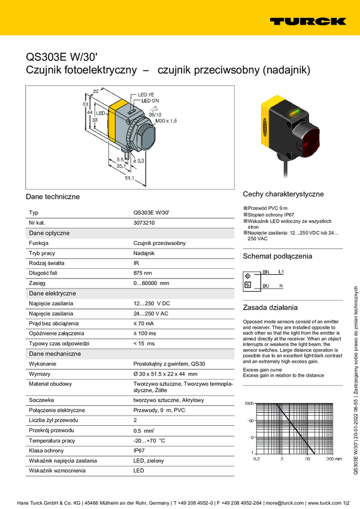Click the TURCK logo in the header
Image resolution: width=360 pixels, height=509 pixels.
pos(307,21)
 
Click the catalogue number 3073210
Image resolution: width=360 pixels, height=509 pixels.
pos(144,223)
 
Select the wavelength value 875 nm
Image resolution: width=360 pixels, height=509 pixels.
pos(143,273)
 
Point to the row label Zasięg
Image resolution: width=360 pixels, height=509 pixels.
pos(38,283)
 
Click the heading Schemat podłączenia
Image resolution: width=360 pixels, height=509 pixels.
pos(277,256)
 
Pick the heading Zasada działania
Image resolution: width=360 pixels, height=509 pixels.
pos(270,308)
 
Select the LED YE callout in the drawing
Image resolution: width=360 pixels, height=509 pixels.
pos(147,95)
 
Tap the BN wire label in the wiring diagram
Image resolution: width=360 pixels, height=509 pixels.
pos(266,272)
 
